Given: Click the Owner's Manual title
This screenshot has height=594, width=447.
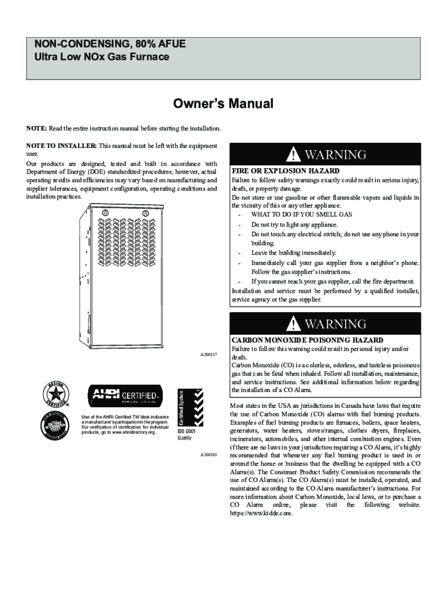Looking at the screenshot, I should point(223,104).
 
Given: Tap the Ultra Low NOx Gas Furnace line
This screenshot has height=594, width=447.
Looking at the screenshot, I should point(102,57).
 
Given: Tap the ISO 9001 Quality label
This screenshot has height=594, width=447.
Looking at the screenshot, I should point(185,434).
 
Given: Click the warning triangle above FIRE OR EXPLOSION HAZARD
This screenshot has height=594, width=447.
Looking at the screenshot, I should point(296,155).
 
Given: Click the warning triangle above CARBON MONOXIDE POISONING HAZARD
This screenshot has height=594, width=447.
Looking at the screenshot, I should point(296,324).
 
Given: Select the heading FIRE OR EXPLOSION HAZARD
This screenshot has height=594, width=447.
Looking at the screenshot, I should point(286,172).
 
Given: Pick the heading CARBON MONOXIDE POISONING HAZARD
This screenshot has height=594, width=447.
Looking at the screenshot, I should point(308,339).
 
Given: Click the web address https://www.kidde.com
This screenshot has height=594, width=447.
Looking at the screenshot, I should point(261,513).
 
